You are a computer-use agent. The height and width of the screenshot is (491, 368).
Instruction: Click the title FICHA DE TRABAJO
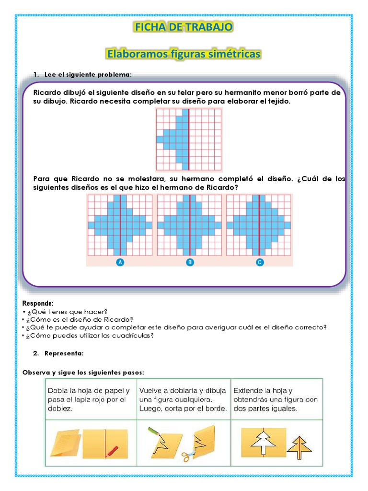point(184,27)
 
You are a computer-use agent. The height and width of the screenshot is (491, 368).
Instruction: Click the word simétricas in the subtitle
point(235,54)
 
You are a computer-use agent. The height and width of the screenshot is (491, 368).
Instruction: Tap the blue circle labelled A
point(120,262)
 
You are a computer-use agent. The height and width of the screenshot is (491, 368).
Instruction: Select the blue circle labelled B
point(190,262)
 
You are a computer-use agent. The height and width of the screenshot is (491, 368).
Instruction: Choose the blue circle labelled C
point(259,262)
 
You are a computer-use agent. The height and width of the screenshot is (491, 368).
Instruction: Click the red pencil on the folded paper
point(112,450)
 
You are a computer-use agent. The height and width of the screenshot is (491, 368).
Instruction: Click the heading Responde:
point(38,304)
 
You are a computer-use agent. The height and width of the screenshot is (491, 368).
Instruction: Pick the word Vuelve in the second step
point(151,391)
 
